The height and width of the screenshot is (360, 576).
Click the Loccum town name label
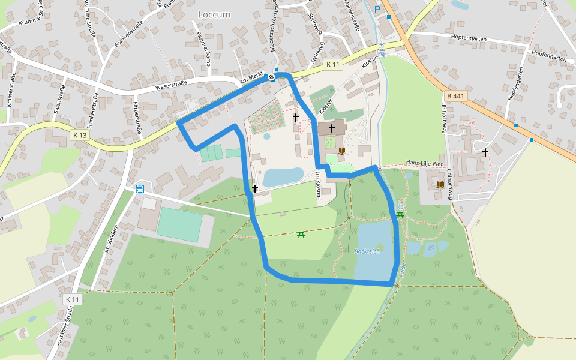(214, 14)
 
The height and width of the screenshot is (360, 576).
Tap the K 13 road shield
(80, 136)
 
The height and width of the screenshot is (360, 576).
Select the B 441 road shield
(456, 95)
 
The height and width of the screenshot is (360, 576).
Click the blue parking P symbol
(377, 9)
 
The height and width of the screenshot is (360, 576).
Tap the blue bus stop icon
(140, 189)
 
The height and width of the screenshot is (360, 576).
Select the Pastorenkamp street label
(202, 45)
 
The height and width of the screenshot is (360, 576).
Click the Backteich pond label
(367, 251)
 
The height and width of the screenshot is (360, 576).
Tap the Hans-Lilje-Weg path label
(424, 163)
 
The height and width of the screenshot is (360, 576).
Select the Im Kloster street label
(318, 185)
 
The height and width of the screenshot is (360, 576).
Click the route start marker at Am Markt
(272, 76)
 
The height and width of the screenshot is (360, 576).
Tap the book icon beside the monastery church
(342, 151)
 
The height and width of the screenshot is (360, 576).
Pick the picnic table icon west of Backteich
(301, 235)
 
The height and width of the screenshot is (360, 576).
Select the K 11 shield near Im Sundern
(72, 299)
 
